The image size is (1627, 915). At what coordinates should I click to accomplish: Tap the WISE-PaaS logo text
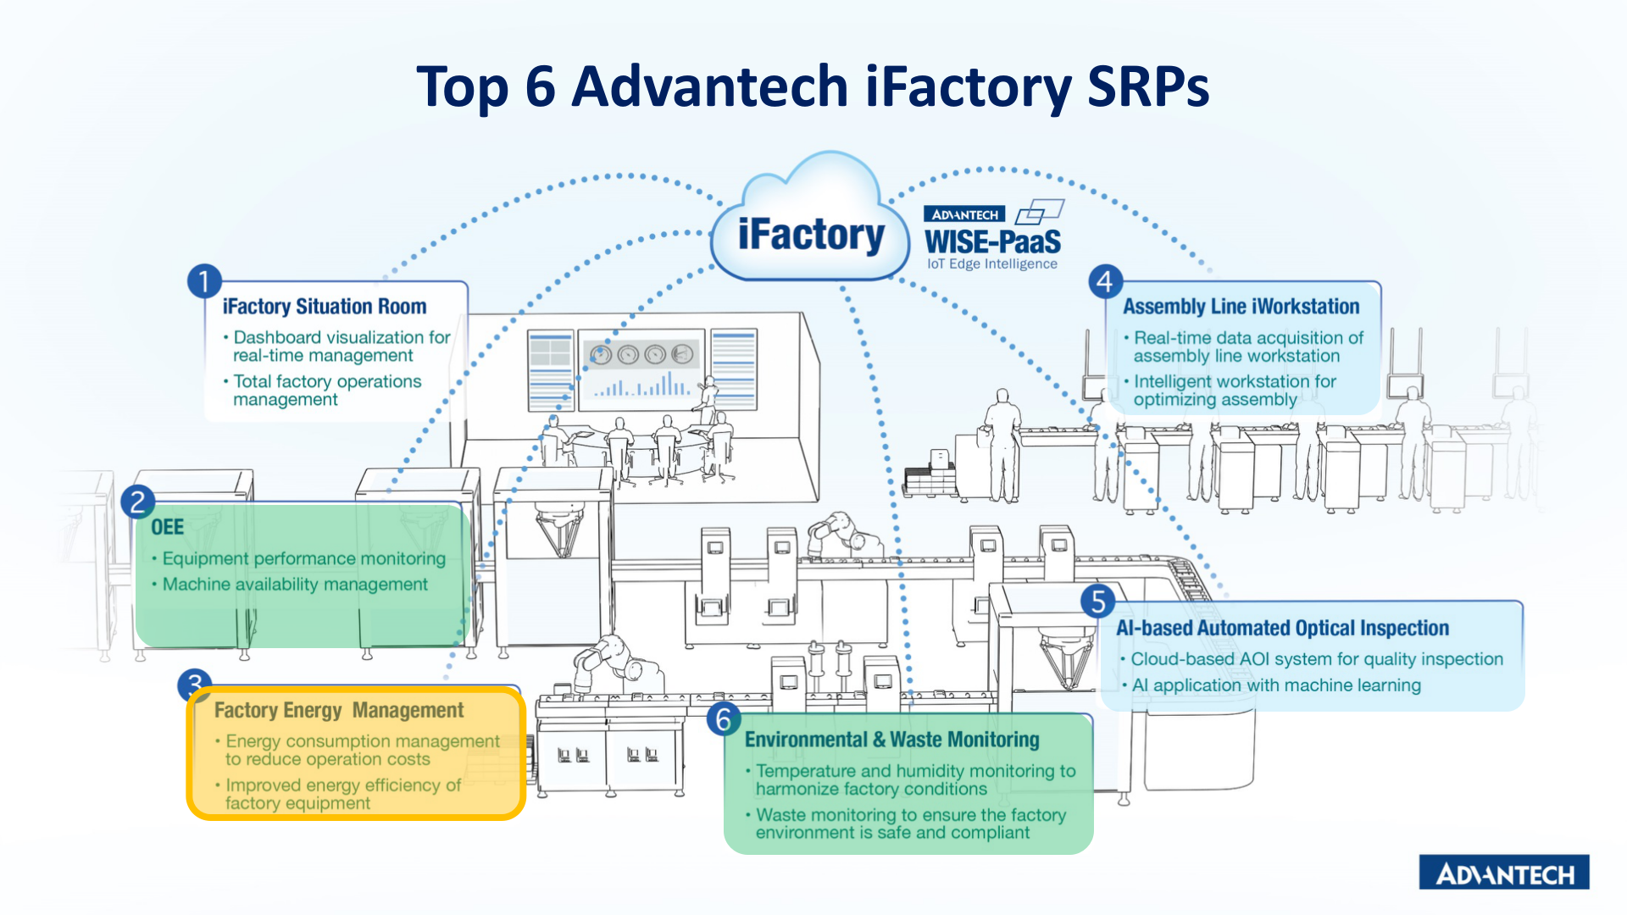point(992,241)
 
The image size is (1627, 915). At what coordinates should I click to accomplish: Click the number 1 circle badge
point(204,281)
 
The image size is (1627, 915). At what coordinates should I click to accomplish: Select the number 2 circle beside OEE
point(137,502)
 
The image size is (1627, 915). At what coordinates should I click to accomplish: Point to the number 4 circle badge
point(1105,281)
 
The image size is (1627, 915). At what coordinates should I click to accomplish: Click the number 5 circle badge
point(1098,602)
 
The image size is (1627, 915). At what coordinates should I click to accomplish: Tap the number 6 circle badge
point(724,719)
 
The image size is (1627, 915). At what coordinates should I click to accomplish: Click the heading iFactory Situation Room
point(324,307)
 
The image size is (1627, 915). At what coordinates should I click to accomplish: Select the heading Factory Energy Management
point(339,710)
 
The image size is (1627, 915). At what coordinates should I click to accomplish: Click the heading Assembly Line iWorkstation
point(1241,307)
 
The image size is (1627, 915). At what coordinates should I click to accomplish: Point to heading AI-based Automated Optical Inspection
point(1282,628)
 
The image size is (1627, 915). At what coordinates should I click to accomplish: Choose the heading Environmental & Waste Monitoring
point(891,740)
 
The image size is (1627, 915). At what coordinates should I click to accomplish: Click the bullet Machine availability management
point(295,585)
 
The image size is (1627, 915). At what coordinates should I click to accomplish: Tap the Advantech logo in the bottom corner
point(1504,873)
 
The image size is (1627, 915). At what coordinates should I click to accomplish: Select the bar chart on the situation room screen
point(641,385)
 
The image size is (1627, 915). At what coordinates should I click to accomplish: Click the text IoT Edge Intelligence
point(991,264)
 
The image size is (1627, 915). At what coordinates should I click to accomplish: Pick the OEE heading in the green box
point(167,527)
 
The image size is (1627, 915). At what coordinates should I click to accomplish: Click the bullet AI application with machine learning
point(1275,685)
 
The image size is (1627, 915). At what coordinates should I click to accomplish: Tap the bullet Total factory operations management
point(327,391)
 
